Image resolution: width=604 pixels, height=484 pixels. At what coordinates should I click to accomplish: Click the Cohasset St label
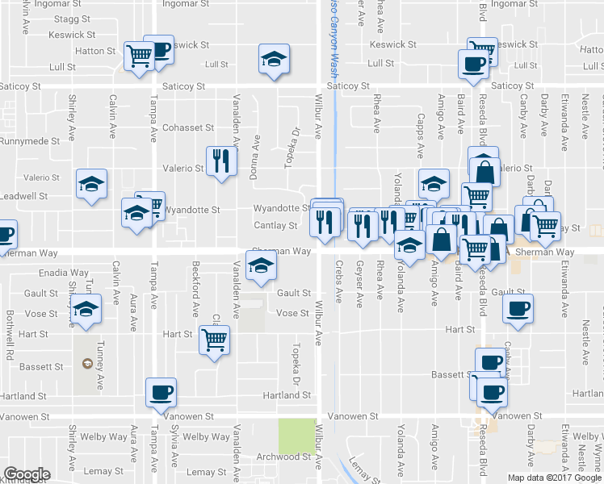tap(187, 127)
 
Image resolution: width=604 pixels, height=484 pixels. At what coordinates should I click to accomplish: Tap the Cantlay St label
tap(275, 226)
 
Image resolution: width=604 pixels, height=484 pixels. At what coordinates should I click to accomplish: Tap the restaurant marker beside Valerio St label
tap(218, 160)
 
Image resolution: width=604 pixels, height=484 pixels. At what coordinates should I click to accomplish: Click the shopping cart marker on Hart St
tap(214, 340)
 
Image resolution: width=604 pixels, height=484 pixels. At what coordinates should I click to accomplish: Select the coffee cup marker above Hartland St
tap(160, 392)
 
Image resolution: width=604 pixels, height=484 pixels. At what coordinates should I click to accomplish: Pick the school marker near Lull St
tap(274, 60)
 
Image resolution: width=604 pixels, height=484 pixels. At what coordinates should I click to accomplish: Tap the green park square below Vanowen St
tap(297, 436)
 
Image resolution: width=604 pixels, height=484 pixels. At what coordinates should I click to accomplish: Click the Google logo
tap(27, 474)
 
